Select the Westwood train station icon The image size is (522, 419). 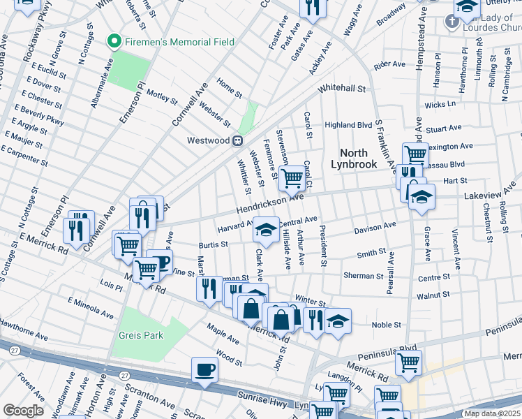pyautogui.click(x=237, y=140)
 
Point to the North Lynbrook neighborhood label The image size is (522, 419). pyautogui.click(x=359, y=159)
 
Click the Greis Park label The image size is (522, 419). pyautogui.click(x=140, y=335)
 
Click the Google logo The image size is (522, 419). pyautogui.click(x=23, y=411)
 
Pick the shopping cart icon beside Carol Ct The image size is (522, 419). pyautogui.click(x=291, y=177)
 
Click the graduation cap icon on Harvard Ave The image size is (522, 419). pyautogui.click(x=265, y=228)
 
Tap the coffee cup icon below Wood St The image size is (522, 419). pyautogui.click(x=204, y=369)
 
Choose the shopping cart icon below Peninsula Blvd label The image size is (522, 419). pyautogui.click(x=408, y=362)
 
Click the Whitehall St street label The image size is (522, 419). pyautogui.click(x=342, y=89)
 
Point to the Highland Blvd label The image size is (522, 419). pyautogui.click(x=349, y=125)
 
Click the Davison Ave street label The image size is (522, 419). pyautogui.click(x=375, y=227)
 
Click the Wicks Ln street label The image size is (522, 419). pyautogui.click(x=440, y=104)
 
